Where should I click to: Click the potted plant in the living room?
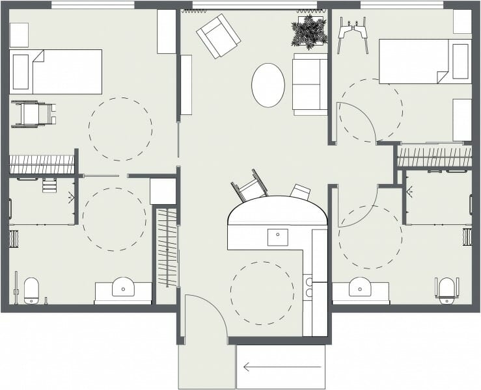309,31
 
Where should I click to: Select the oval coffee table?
268,85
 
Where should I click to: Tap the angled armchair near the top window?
218,36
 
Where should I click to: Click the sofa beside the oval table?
310,84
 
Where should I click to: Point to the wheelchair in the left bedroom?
33,114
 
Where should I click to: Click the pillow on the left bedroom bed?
21,71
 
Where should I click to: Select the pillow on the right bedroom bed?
461,61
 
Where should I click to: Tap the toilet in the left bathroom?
32,290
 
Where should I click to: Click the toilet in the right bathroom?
446,290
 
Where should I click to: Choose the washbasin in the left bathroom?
123,287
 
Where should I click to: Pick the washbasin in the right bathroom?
360,287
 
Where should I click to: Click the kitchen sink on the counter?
278,237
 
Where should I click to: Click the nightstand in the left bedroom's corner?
19,35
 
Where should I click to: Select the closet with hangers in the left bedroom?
42,164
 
